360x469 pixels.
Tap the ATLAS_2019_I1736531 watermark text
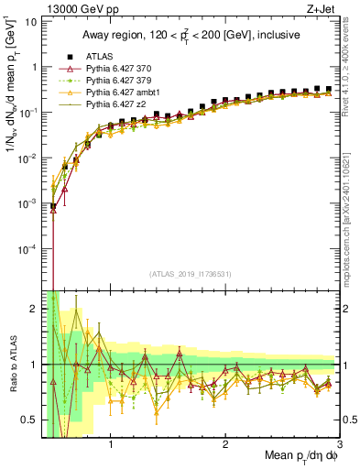coord(190,273)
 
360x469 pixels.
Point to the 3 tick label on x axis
coord(338,444)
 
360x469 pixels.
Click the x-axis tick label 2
coord(224,444)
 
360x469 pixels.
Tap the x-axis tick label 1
coord(111,444)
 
